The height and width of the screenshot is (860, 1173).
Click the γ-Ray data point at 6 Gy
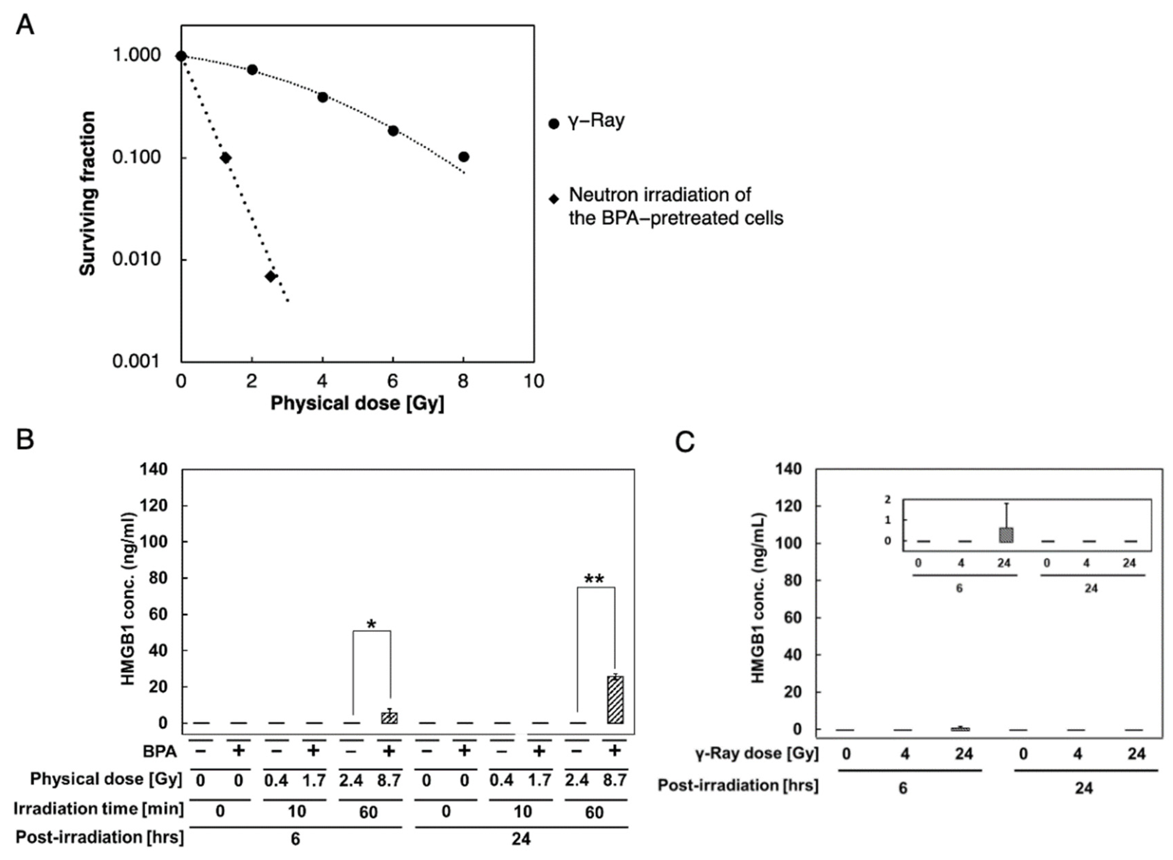coord(393,131)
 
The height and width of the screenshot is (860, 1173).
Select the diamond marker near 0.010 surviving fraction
coord(271,276)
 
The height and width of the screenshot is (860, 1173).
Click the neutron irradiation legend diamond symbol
coord(554,199)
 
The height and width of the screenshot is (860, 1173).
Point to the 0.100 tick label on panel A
coord(136,157)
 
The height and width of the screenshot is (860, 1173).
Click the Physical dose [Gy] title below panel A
coord(357,403)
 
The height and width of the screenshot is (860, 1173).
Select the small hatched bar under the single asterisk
coord(389,718)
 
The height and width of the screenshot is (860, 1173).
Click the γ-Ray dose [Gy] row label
coord(757,753)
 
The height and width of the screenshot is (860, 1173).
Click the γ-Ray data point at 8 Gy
coord(464,157)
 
